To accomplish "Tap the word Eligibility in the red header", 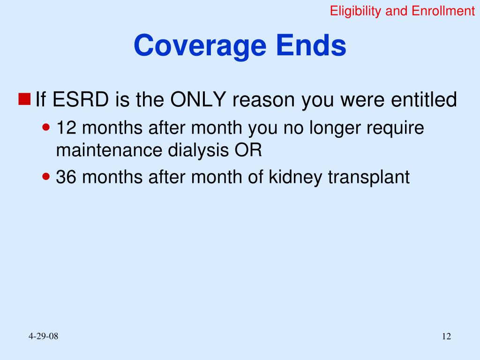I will coord(356,11).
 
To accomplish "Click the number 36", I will coord(64,177).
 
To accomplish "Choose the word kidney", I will coord(291,178).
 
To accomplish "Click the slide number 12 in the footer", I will coord(446,337).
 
